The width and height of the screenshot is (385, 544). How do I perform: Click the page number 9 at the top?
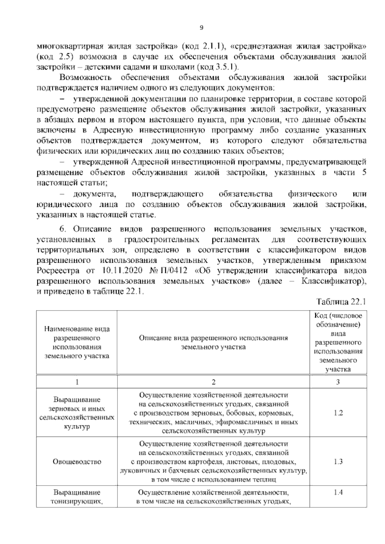201,28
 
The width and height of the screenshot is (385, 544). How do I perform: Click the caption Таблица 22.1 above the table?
341,302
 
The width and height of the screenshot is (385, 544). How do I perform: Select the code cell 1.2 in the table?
338,412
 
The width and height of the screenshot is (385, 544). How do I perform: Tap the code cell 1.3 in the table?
338,462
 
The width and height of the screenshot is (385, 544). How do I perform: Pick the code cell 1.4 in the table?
338,492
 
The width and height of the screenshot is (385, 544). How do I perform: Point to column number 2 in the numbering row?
213,382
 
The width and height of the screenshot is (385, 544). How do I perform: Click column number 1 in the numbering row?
77,382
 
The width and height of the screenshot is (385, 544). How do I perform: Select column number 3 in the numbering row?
338,382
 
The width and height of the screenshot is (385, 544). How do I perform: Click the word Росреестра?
58,271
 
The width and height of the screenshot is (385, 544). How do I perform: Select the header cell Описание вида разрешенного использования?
213,342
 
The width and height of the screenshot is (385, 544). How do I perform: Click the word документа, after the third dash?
95,194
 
